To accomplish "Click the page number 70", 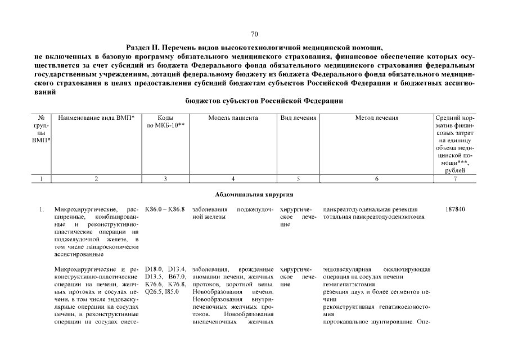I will pos(254,34).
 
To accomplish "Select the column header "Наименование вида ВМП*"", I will pos(96,118).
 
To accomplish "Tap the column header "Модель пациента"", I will pos(233,118).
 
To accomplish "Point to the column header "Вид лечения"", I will pos(298,118).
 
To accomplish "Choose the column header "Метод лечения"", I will pos(376,118).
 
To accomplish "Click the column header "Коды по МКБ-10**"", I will pos(165,121).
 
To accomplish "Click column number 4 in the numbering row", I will pos(233,179).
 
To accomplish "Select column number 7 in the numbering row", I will pos(455,179).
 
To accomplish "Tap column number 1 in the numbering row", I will pos(42,179).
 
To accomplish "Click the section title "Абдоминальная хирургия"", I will pos(254,195).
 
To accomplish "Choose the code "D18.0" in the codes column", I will pos(154,269).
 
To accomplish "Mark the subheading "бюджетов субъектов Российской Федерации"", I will pos(264,101).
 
